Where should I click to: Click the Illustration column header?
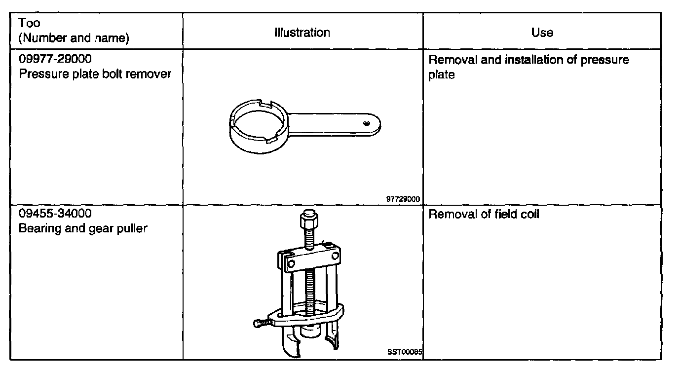302,33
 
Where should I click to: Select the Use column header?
542,33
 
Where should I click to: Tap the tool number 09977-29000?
55,60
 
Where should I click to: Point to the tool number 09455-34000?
55,215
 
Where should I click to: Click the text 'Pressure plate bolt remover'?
95,74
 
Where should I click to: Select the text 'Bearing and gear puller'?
83,229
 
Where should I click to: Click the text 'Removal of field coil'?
484,215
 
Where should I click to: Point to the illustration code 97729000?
403,199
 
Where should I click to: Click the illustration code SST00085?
405,353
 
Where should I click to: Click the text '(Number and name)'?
74,38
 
